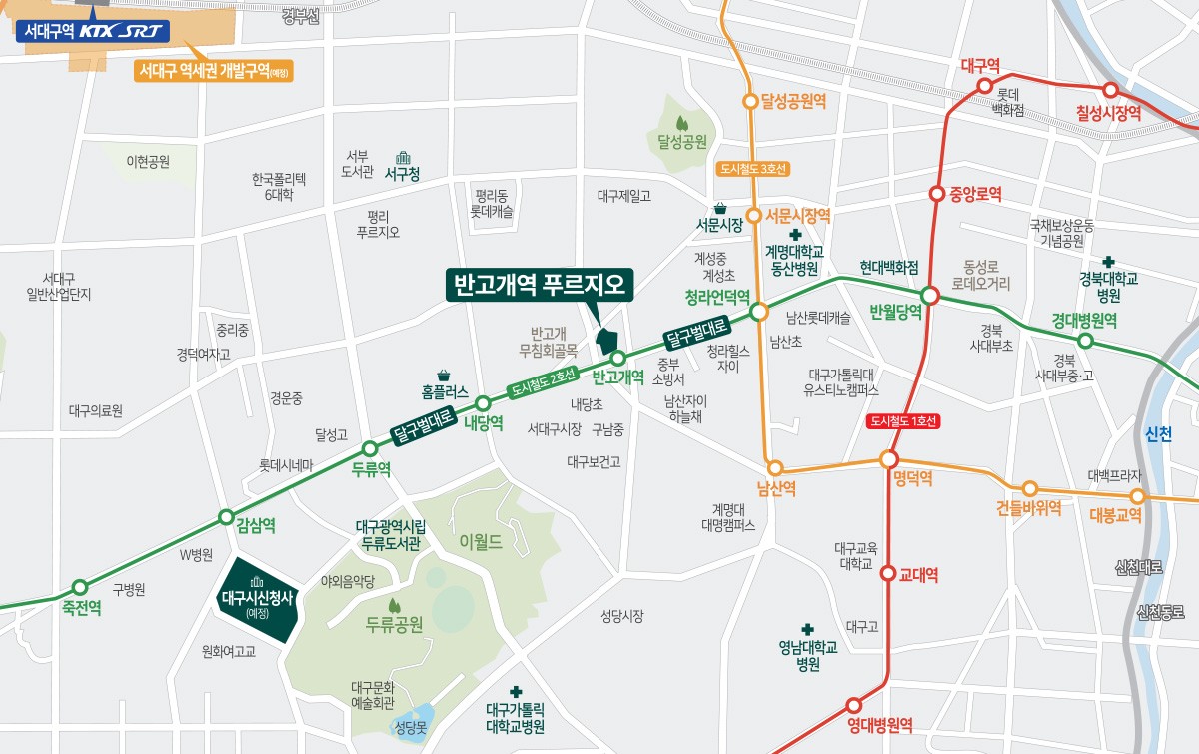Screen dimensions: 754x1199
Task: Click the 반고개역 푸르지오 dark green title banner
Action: tap(539, 285)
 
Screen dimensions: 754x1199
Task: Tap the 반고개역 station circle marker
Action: tap(618, 358)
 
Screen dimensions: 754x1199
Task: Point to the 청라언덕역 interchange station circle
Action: tap(758, 312)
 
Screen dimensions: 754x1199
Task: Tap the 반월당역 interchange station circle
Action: tap(930, 296)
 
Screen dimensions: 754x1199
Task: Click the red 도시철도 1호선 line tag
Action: tap(903, 421)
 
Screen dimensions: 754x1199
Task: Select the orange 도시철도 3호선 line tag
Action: tap(754, 168)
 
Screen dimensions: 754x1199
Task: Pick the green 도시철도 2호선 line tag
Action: tap(544, 383)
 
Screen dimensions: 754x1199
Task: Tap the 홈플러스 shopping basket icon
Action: tap(443, 375)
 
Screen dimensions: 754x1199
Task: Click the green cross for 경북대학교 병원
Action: tap(1107, 261)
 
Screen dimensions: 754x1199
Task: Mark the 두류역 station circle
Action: tap(370, 448)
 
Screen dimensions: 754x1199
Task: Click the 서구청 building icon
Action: tap(402, 158)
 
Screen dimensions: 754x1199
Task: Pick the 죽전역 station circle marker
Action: tap(80, 587)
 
